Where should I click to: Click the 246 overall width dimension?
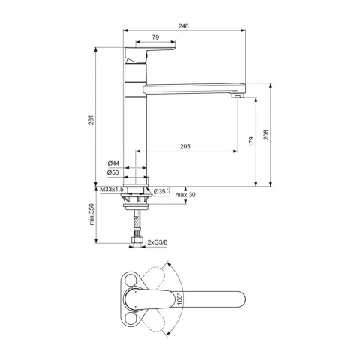[183, 26]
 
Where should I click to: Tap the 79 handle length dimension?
[155, 37]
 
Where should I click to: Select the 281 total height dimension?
[91, 120]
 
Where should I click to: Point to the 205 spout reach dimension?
[185, 146]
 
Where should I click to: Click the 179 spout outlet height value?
[251, 142]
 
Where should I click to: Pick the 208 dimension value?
[266, 135]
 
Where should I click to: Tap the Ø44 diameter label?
[113, 163]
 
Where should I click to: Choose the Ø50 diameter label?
[112, 172]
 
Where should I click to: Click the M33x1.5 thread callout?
[112, 190]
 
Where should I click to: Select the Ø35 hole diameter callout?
[162, 191]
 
